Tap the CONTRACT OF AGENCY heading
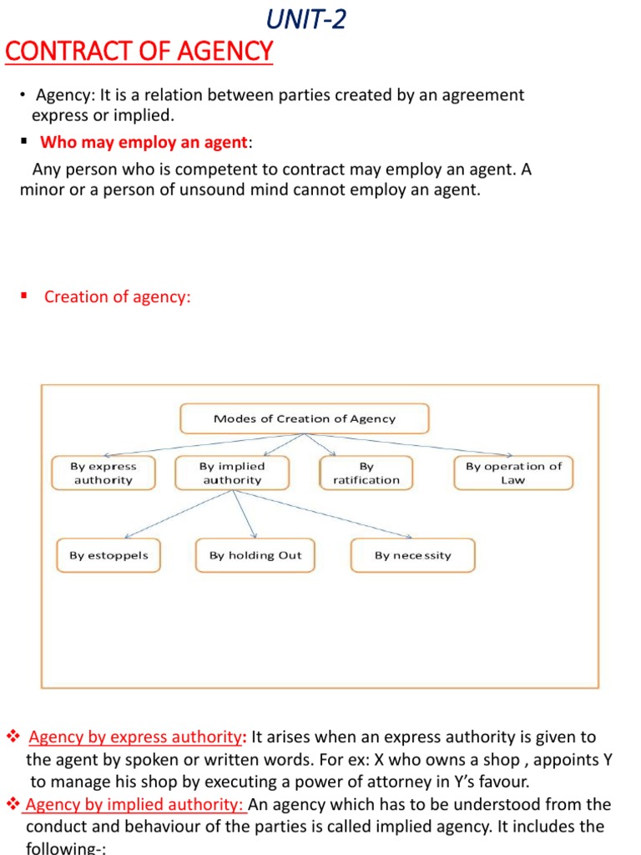point(139,52)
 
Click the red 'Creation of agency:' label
point(118,296)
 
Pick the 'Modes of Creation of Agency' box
point(305,419)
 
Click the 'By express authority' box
point(103,473)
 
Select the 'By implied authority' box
point(232,473)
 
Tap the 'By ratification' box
point(366,473)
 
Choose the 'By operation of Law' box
point(513,473)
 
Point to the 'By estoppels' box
point(109,555)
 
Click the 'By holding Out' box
point(255,555)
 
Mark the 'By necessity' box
point(412,555)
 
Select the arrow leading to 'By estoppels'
point(175,516)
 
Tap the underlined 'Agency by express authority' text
point(134,737)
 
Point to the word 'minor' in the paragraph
point(41,190)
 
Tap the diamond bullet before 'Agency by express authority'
point(13,737)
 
